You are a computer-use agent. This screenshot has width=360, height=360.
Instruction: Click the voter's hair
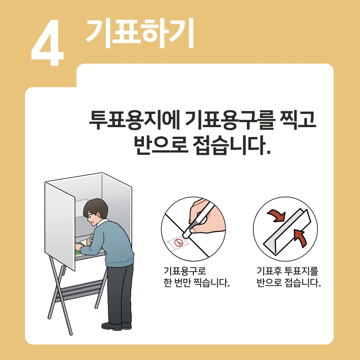point(95,209)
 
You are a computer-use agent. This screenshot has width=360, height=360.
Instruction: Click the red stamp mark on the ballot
point(179,243)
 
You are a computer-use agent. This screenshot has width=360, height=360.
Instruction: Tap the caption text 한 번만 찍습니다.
point(197,284)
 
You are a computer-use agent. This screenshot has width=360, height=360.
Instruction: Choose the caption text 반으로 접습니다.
point(288,284)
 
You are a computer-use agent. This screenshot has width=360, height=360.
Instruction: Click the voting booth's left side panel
point(59,225)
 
